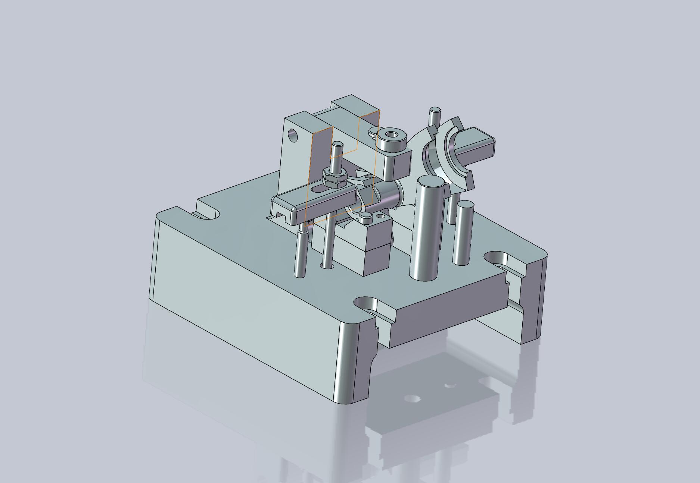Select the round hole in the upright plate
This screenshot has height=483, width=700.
(293, 135)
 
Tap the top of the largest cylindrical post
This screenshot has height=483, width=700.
(431, 182)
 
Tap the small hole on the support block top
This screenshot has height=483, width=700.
(381, 216)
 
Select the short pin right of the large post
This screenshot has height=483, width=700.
(463, 233)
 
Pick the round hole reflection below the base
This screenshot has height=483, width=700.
(411, 399)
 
